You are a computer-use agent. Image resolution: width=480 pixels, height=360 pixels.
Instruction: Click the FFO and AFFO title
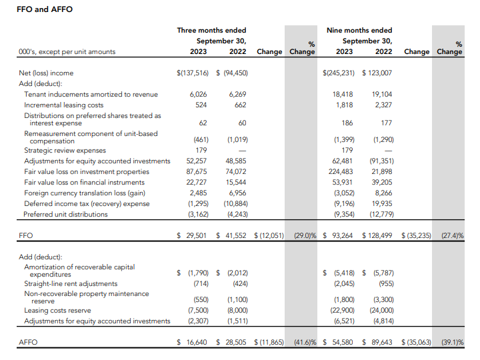[x=45, y=9]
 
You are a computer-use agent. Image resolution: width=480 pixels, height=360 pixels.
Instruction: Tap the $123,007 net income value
[x=377, y=73]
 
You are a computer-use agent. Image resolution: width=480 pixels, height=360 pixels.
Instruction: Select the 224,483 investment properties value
[x=341, y=171]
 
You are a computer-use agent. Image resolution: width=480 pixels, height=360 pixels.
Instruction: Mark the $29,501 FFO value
[x=194, y=235]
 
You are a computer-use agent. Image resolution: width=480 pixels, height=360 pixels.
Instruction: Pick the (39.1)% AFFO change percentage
[x=451, y=342]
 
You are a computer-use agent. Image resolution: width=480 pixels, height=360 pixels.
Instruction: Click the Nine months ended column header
[x=359, y=30]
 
